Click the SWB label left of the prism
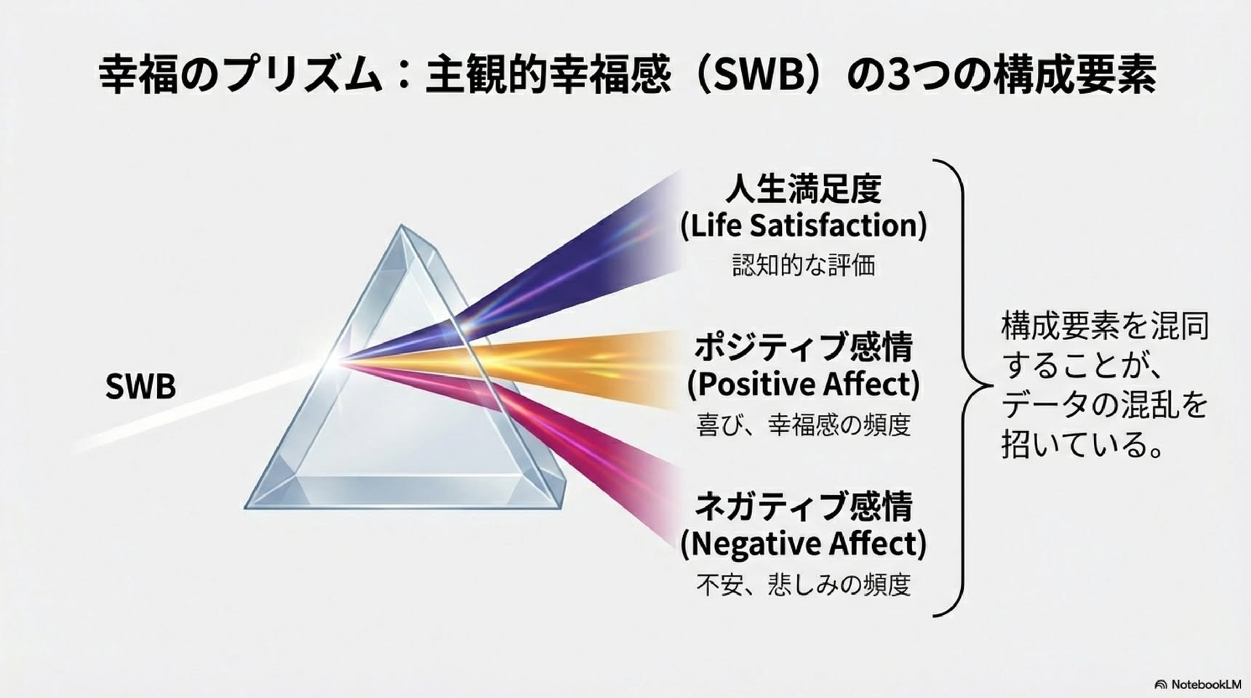pyautogui.click(x=140, y=387)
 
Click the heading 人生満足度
pyautogui.click(x=803, y=189)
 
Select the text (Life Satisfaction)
pyautogui.click(x=803, y=226)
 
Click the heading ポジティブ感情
pyautogui.click(x=803, y=347)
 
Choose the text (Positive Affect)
pyautogui.click(x=803, y=385)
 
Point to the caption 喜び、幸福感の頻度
pyautogui.click(x=803, y=425)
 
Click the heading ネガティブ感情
pyautogui.click(x=803, y=506)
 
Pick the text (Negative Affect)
pyautogui.click(x=803, y=544)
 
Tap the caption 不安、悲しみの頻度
pyautogui.click(x=803, y=585)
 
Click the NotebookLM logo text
pyautogui.click(x=1204, y=684)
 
